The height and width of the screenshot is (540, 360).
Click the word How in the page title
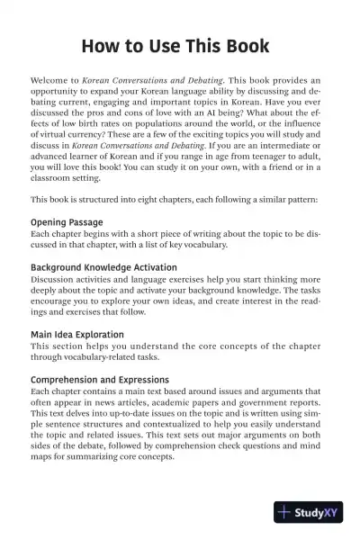tap(96, 45)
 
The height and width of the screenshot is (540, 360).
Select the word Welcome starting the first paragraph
tap(50, 80)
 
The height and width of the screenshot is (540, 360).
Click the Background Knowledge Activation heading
tap(103, 268)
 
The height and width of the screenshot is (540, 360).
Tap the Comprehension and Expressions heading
tap(100, 380)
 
